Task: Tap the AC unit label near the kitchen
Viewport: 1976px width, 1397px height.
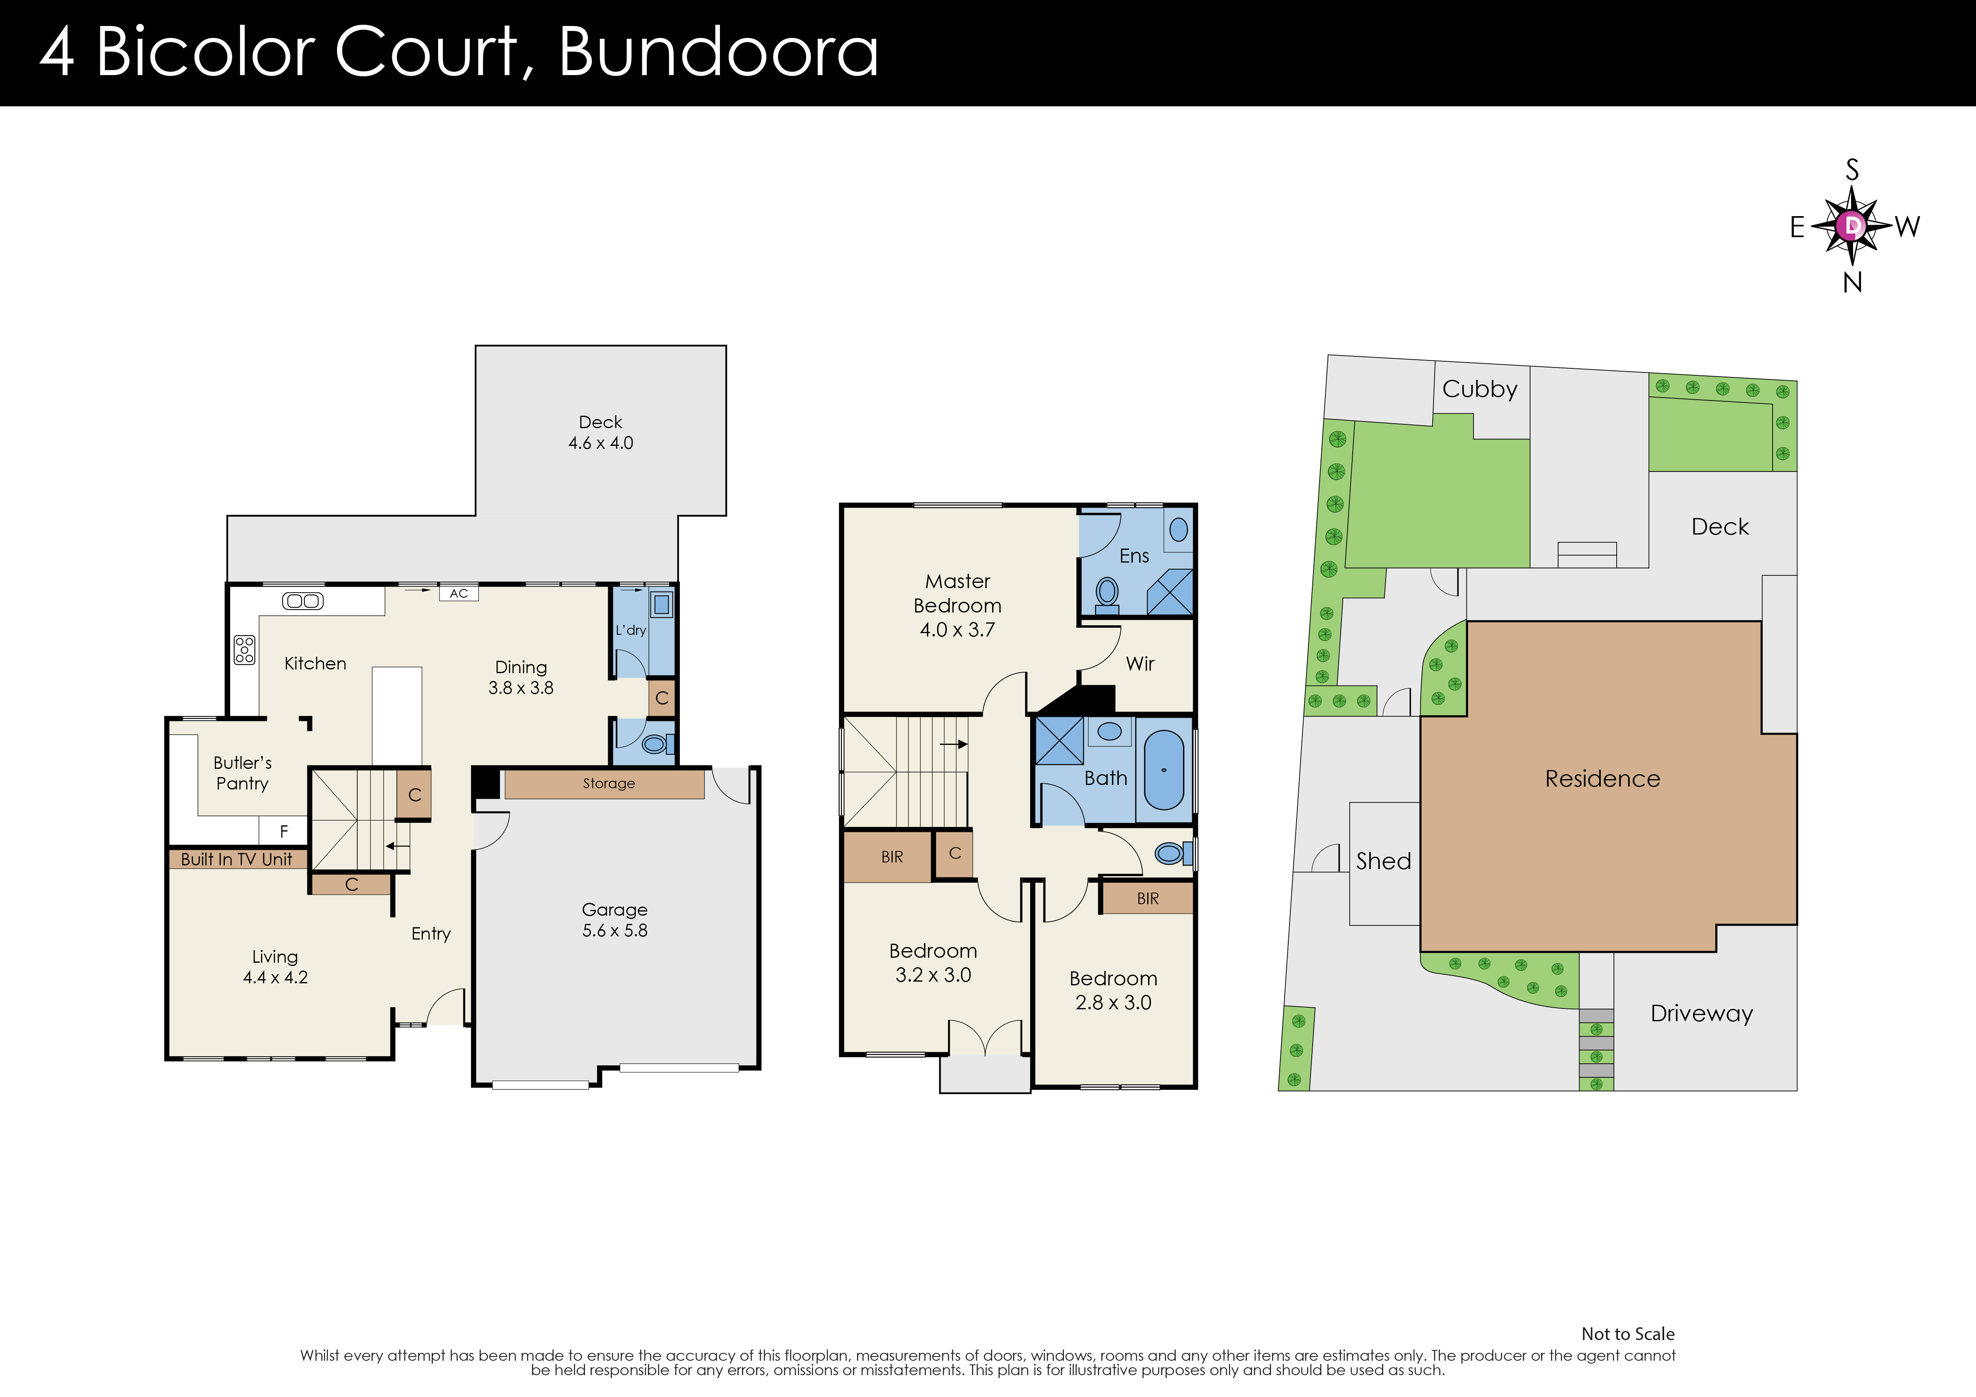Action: tap(459, 593)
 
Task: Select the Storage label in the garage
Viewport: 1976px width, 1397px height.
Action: tap(608, 783)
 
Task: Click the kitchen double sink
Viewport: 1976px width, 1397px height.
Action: tap(303, 601)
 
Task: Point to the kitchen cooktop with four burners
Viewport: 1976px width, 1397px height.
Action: tap(244, 650)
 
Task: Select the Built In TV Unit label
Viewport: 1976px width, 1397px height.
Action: tap(237, 859)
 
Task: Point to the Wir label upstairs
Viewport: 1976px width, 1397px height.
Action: tap(1139, 664)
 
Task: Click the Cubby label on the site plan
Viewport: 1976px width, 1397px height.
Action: tap(1479, 389)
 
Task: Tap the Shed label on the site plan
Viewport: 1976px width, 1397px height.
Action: tap(1383, 861)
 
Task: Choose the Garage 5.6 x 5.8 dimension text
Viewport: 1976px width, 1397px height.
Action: tap(615, 931)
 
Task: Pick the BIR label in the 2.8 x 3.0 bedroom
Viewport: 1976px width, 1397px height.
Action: tap(1147, 899)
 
